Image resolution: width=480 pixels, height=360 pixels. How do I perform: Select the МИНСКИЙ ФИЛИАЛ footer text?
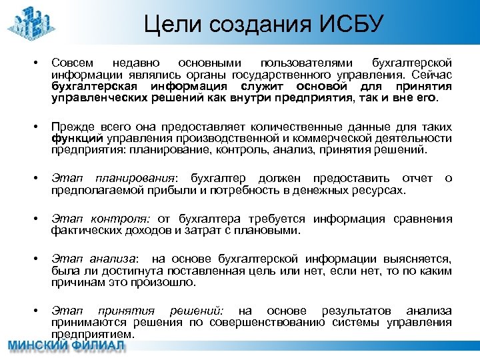(67, 347)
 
